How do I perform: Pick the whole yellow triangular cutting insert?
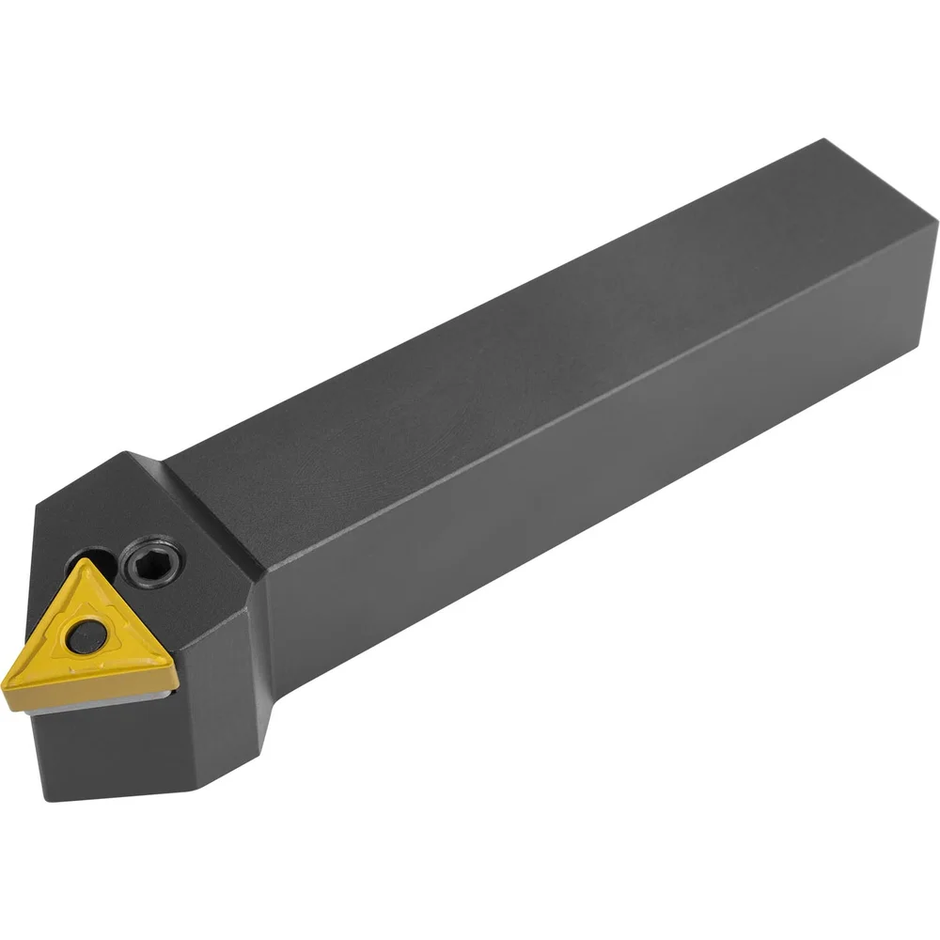[89, 639]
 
